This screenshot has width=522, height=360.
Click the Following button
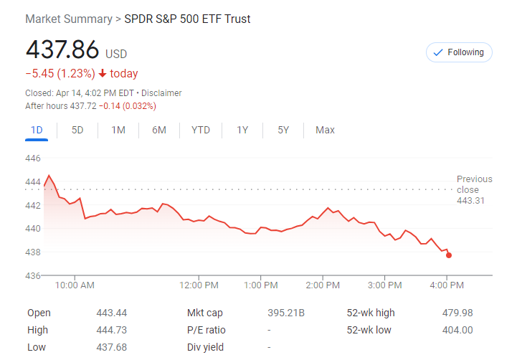pyautogui.click(x=459, y=52)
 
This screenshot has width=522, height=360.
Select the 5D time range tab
pyautogui.click(x=77, y=130)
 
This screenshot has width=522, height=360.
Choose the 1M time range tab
pyautogui.click(x=118, y=130)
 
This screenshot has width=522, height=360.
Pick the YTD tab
pyautogui.click(x=201, y=130)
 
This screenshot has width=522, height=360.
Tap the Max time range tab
pyautogui.click(x=325, y=130)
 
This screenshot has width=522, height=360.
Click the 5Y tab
pyautogui.click(x=283, y=130)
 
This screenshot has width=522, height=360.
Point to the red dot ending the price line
pyautogui.click(x=449, y=255)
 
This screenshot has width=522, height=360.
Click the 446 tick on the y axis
pyautogui.click(x=33, y=158)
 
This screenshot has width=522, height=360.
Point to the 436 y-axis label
pyautogui.click(x=33, y=275)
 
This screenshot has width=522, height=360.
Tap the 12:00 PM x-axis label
pyautogui.click(x=199, y=285)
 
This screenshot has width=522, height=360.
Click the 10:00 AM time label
pyautogui.click(x=75, y=285)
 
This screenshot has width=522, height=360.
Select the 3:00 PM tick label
pyautogui.click(x=384, y=285)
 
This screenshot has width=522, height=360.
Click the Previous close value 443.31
pyautogui.click(x=471, y=201)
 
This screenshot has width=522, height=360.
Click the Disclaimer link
pyautogui.click(x=161, y=93)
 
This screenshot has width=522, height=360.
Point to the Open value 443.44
pyautogui.click(x=111, y=313)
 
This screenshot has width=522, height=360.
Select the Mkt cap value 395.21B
pyautogui.click(x=286, y=313)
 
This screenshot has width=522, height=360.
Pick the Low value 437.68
pyautogui.click(x=111, y=347)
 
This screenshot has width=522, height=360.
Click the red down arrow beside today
pyautogui.click(x=103, y=74)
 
